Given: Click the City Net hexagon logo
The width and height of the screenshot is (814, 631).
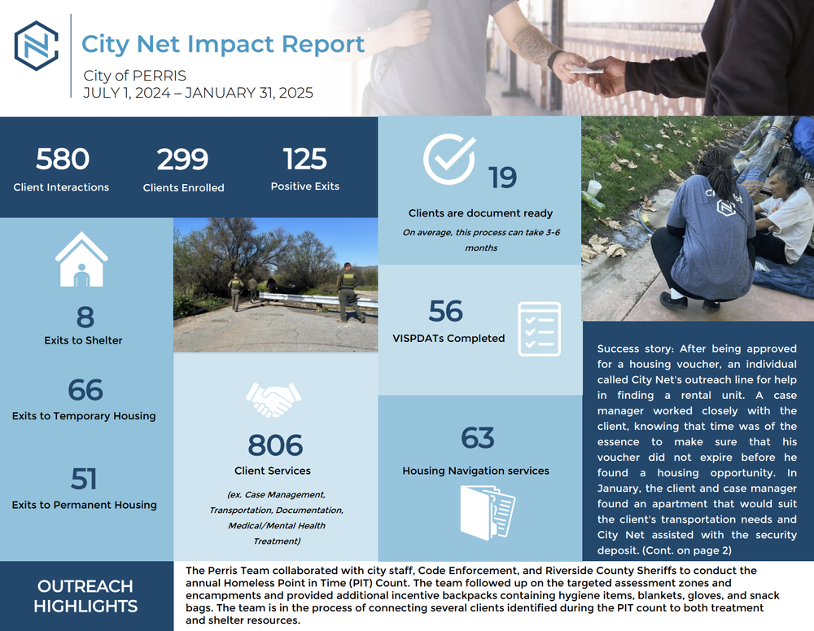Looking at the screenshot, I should [x=37, y=46].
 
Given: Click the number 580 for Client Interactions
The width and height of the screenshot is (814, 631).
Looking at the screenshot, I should [x=62, y=160].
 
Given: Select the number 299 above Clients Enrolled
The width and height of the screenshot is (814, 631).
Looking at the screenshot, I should [x=183, y=160].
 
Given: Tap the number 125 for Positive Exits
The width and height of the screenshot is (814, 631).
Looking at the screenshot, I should [x=305, y=159].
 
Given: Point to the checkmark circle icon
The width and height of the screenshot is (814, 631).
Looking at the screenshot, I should [x=449, y=159].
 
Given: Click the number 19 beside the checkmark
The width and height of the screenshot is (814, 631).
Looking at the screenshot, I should [x=503, y=177].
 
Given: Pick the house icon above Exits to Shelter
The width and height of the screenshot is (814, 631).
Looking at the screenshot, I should [x=81, y=258].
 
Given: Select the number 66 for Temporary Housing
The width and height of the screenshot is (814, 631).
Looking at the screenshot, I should [x=85, y=390].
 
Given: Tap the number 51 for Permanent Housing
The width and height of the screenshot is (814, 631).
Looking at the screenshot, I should [x=84, y=479].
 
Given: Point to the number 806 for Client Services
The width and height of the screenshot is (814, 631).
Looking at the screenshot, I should [x=275, y=445].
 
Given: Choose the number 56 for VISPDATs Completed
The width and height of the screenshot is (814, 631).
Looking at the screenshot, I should [x=446, y=311].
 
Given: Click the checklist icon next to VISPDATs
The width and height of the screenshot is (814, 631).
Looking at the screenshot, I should [x=539, y=329].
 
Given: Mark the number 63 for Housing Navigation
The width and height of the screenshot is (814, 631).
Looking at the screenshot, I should [x=478, y=438].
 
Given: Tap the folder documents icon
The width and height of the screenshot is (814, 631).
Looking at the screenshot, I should [x=488, y=510].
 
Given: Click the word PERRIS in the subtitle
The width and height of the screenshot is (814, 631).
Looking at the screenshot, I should [x=160, y=76].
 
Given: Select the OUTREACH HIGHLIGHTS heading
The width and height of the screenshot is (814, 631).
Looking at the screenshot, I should [x=85, y=596].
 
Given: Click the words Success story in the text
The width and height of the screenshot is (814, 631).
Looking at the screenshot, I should [x=631, y=348].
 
